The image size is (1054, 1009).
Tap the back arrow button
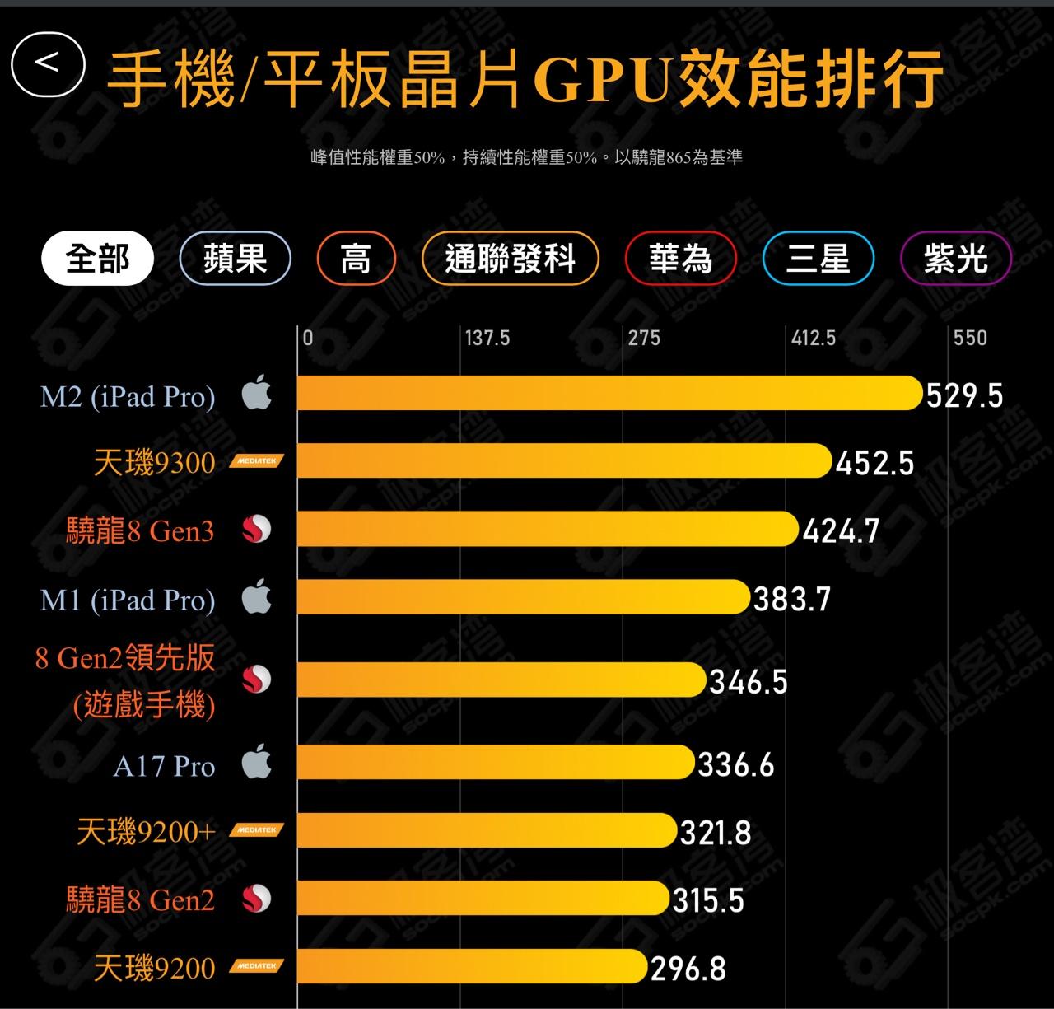48,64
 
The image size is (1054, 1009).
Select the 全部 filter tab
97,259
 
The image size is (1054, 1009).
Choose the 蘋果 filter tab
235,259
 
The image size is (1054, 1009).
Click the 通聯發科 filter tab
510,259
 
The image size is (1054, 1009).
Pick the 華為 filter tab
680,259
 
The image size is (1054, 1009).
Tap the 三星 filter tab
818,259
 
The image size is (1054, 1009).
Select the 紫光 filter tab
955,259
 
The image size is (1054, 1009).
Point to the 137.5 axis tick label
487,338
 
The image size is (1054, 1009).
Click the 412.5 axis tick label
814,338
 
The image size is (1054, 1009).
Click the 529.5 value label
964,396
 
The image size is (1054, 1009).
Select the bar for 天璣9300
564,460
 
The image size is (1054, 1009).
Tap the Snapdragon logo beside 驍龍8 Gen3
257,530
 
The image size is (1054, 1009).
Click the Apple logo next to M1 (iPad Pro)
257,596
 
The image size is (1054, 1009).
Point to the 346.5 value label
748,682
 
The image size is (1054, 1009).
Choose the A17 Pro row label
164,767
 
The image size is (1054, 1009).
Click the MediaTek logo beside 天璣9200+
257,830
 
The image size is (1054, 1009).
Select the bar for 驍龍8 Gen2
483,898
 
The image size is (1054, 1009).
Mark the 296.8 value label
688,969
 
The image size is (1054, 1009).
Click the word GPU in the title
601,79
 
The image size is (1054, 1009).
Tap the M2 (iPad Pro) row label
128,397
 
